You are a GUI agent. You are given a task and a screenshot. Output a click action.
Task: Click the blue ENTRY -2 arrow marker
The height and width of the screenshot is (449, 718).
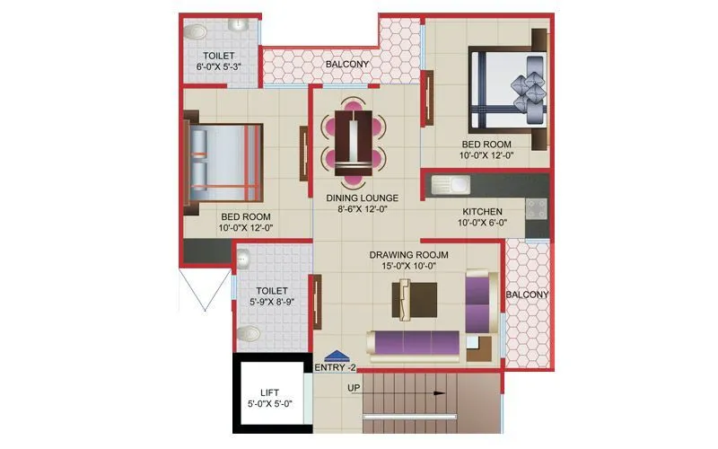coord(336,356)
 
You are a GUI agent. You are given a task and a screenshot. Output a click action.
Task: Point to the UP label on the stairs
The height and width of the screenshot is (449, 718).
coord(355,388)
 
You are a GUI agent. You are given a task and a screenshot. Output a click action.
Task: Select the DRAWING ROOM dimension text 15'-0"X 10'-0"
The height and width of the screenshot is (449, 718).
coord(408,267)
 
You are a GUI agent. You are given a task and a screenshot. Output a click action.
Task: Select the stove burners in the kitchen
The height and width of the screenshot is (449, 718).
coord(537,209)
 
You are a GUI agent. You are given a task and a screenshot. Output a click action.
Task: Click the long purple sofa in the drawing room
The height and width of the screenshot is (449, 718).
coord(414,343)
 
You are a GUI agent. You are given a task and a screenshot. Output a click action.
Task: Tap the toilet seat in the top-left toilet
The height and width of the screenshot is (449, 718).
coord(195,32)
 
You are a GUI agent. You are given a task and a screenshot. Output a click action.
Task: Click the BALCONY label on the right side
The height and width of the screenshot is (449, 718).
coord(527,295)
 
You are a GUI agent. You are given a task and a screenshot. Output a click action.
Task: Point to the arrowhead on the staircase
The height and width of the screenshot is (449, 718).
coord(441,392)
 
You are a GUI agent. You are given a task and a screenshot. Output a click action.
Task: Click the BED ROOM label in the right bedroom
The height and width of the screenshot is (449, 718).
coord(486,145)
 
